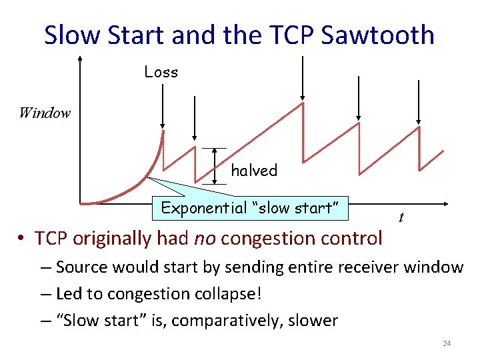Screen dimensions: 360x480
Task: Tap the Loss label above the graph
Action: [x=161, y=72]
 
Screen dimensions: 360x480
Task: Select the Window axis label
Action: [x=45, y=113]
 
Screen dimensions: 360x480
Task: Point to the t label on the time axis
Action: [x=401, y=217]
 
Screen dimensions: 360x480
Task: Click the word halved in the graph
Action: [x=254, y=171]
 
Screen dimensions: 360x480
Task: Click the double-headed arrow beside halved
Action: [x=215, y=165]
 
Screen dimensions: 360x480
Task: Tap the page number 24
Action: [x=447, y=343]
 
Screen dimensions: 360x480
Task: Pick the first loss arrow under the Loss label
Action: [x=163, y=107]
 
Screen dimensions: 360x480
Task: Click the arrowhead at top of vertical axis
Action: [x=79, y=59]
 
